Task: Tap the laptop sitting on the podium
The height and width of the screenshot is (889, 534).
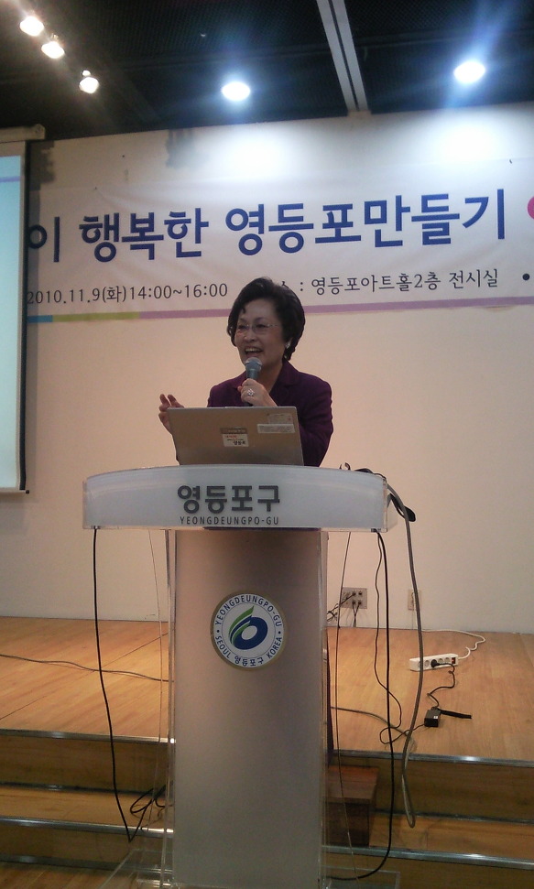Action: [235, 436]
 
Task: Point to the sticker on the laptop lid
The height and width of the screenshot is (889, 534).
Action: [235, 437]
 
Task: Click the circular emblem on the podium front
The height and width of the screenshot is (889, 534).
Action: [247, 630]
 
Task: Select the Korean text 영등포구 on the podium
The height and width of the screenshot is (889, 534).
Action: [228, 498]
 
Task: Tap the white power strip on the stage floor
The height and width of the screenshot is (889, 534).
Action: [433, 661]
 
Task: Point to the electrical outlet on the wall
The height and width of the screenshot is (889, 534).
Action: [354, 598]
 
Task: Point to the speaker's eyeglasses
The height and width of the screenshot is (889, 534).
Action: [255, 327]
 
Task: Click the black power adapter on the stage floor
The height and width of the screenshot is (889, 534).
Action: [433, 718]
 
